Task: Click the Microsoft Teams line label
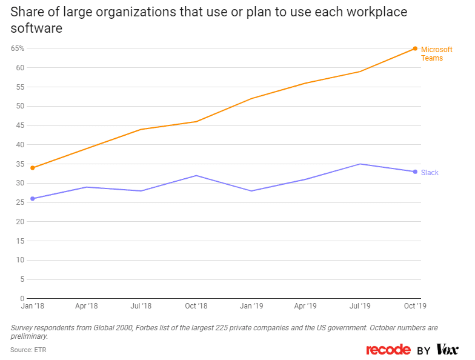click(436, 53)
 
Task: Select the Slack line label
click(430, 173)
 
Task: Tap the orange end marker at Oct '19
click(415, 48)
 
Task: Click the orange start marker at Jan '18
click(32, 168)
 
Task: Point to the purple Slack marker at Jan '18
click(32, 199)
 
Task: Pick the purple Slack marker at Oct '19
click(415, 172)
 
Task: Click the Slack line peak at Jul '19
click(360, 164)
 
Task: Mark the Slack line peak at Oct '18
click(196, 176)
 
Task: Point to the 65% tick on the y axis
click(17, 48)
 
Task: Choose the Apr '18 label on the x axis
click(87, 307)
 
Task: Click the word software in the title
click(36, 28)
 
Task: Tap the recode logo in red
click(388, 350)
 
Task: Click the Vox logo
click(447, 350)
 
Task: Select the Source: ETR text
click(28, 350)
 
